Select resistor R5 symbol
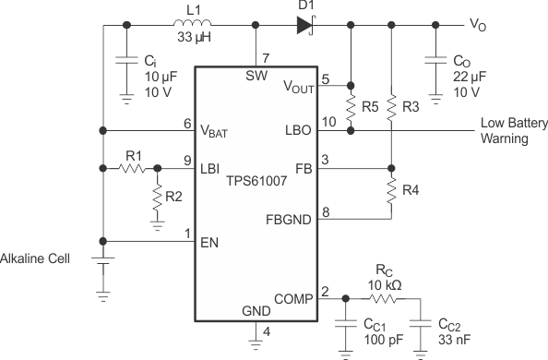(x=350, y=107)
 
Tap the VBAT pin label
(x=215, y=132)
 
